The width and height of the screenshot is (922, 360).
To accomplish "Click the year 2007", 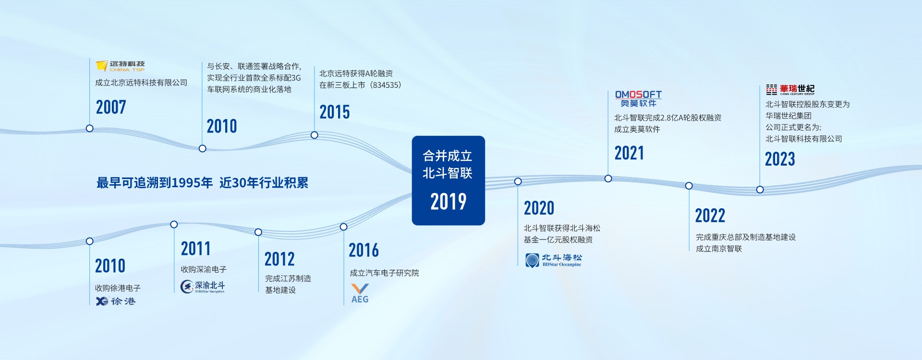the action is coord(111,107).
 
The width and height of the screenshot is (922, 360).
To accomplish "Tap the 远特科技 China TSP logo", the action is coord(120,66).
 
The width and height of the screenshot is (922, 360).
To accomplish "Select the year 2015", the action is coord(335,112).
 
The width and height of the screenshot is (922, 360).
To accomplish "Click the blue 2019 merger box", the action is coord(449,180).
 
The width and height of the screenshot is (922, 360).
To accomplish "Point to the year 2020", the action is coord(539,208).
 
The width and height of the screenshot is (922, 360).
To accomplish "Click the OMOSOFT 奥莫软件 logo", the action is coord(638,99).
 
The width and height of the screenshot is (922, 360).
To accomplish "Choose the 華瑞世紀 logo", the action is coord(790,89).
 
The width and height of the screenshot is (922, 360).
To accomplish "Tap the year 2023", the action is coord(780,159).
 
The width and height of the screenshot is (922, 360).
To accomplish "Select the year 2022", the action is coord(710,216).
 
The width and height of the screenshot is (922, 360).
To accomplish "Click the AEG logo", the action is coord(360,293).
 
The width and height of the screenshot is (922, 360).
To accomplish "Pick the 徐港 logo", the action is coord(116,301).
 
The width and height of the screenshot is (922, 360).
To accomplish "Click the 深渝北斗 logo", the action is coord(203,287).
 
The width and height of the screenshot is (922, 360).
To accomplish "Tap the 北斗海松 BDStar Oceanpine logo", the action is coord(553,260).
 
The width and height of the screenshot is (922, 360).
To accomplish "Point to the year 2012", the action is coord(279,259).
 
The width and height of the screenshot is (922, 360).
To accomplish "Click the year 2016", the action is coord(364,250).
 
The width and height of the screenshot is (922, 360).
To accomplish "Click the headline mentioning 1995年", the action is coord(202,183).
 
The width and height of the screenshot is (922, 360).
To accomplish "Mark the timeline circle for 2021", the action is coord(608,179).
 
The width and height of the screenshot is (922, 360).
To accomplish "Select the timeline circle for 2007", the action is coord(89,128).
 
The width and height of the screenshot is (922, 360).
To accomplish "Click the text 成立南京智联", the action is coord(719,249).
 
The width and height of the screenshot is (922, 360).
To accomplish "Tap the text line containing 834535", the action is coord(360,85).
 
